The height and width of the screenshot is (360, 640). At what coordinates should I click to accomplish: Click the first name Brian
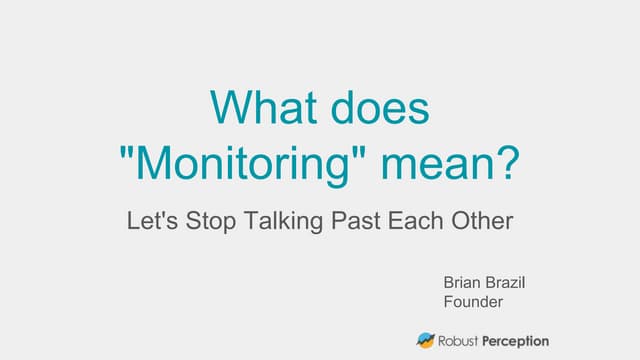pyautogui.click(x=463, y=283)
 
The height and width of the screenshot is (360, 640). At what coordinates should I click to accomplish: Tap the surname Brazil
pyautogui.click(x=506, y=283)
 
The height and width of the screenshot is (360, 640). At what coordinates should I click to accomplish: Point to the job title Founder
pyautogui.click(x=472, y=301)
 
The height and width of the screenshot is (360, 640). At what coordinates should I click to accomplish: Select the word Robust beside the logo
pyautogui.click(x=461, y=340)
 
